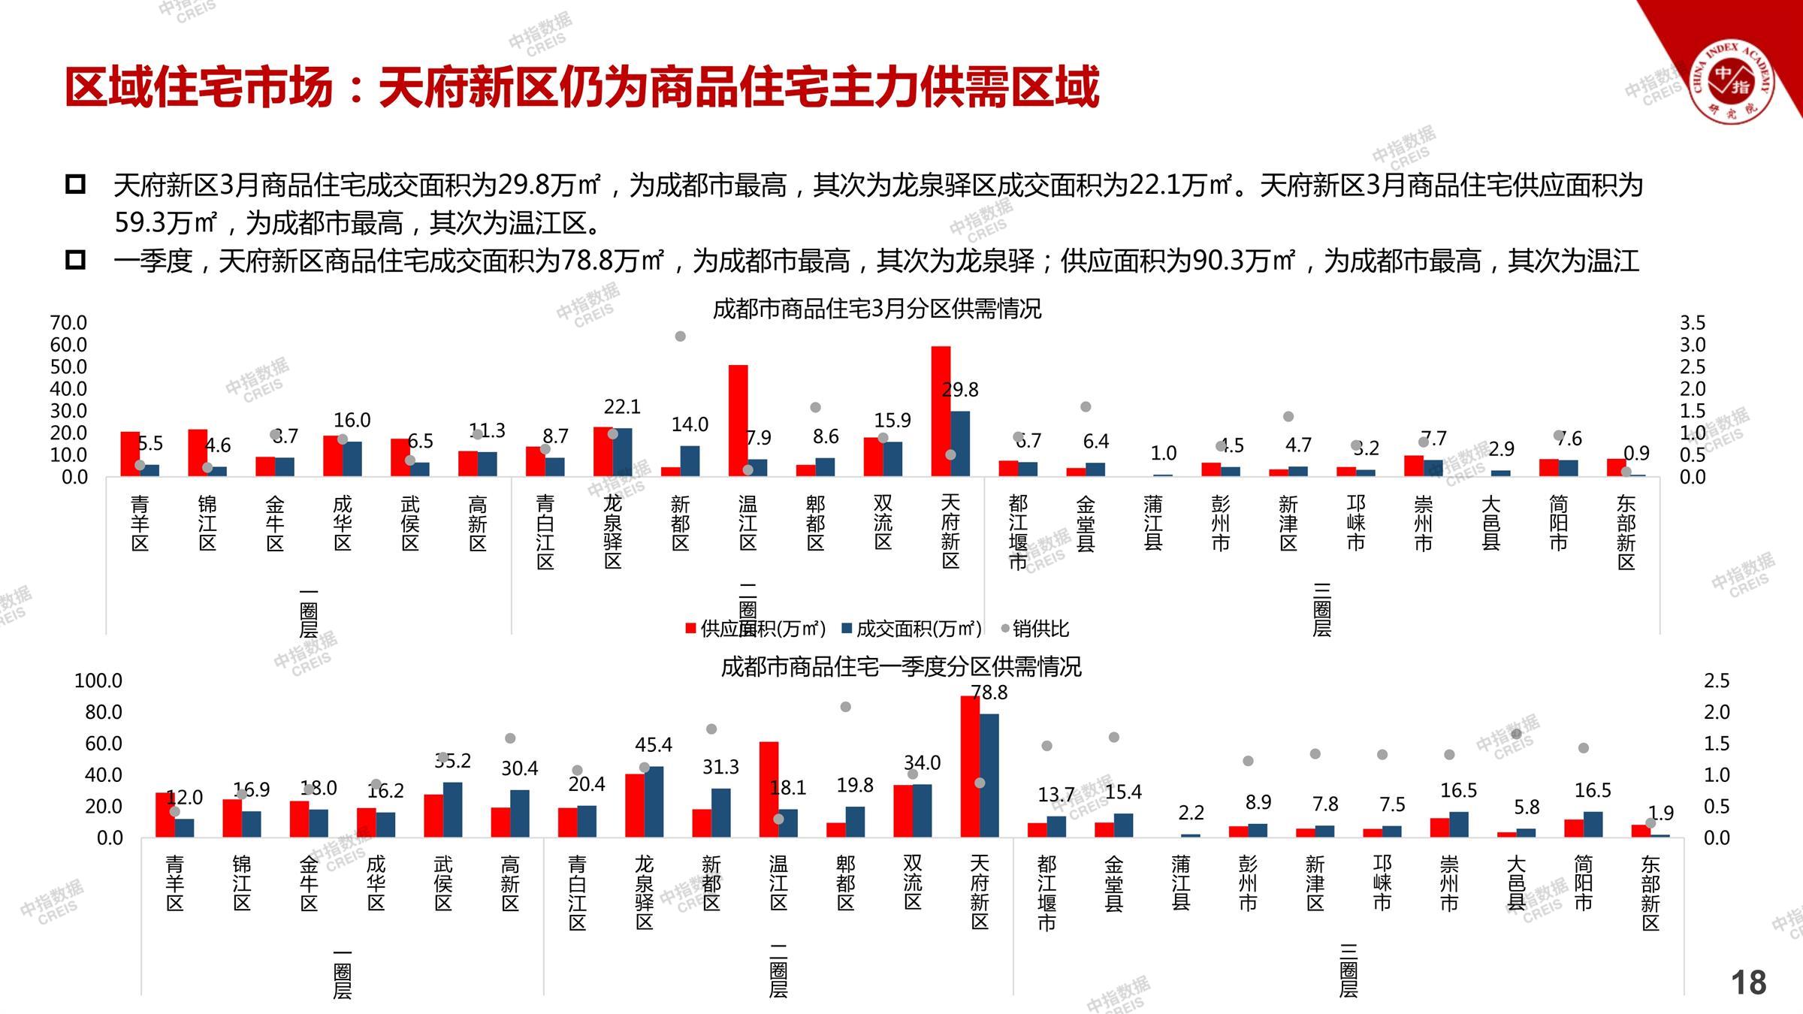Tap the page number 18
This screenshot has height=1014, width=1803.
coord(1748,982)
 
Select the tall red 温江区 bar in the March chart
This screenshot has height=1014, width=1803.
coord(738,420)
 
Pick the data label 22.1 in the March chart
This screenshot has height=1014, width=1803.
coord(622,407)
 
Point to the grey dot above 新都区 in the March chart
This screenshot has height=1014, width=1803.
coord(680,336)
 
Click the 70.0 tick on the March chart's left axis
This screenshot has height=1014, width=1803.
coord(68,323)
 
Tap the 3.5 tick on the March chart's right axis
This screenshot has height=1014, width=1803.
coord(1693,323)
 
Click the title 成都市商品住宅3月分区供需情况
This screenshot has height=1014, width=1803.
coord(877,309)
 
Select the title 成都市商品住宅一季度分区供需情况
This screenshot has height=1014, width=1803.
coord(901,666)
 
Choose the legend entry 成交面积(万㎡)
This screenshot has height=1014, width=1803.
coord(912,629)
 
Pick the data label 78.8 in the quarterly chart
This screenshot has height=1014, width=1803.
coord(989,693)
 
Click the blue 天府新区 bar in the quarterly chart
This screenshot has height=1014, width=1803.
coord(989,775)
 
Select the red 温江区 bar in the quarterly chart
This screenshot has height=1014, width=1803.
coord(769,789)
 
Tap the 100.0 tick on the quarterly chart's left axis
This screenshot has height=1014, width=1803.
coord(98,681)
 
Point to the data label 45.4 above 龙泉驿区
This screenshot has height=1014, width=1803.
coord(653,745)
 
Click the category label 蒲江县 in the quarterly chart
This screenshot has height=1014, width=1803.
coord(1181,883)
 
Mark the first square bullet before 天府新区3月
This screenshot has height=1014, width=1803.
coord(75,184)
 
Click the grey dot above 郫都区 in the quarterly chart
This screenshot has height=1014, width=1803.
coord(845,707)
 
